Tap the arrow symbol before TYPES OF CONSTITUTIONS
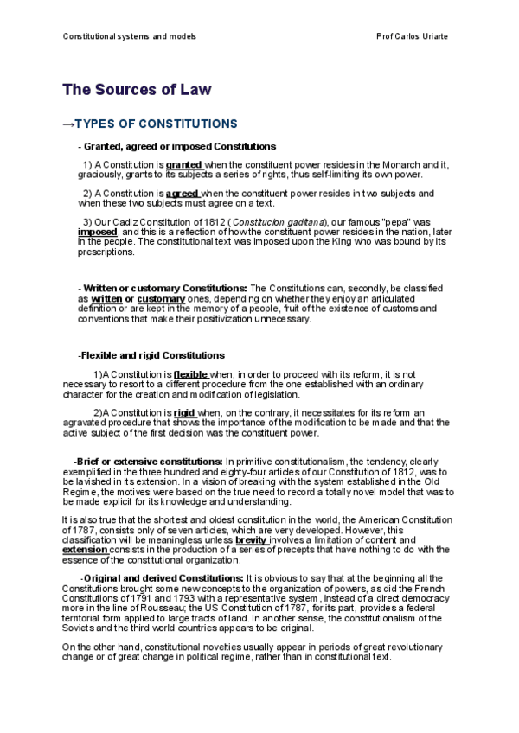point(70,124)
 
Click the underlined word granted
point(183,164)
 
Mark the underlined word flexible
point(191,374)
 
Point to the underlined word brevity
point(252,539)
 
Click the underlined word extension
point(85,550)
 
